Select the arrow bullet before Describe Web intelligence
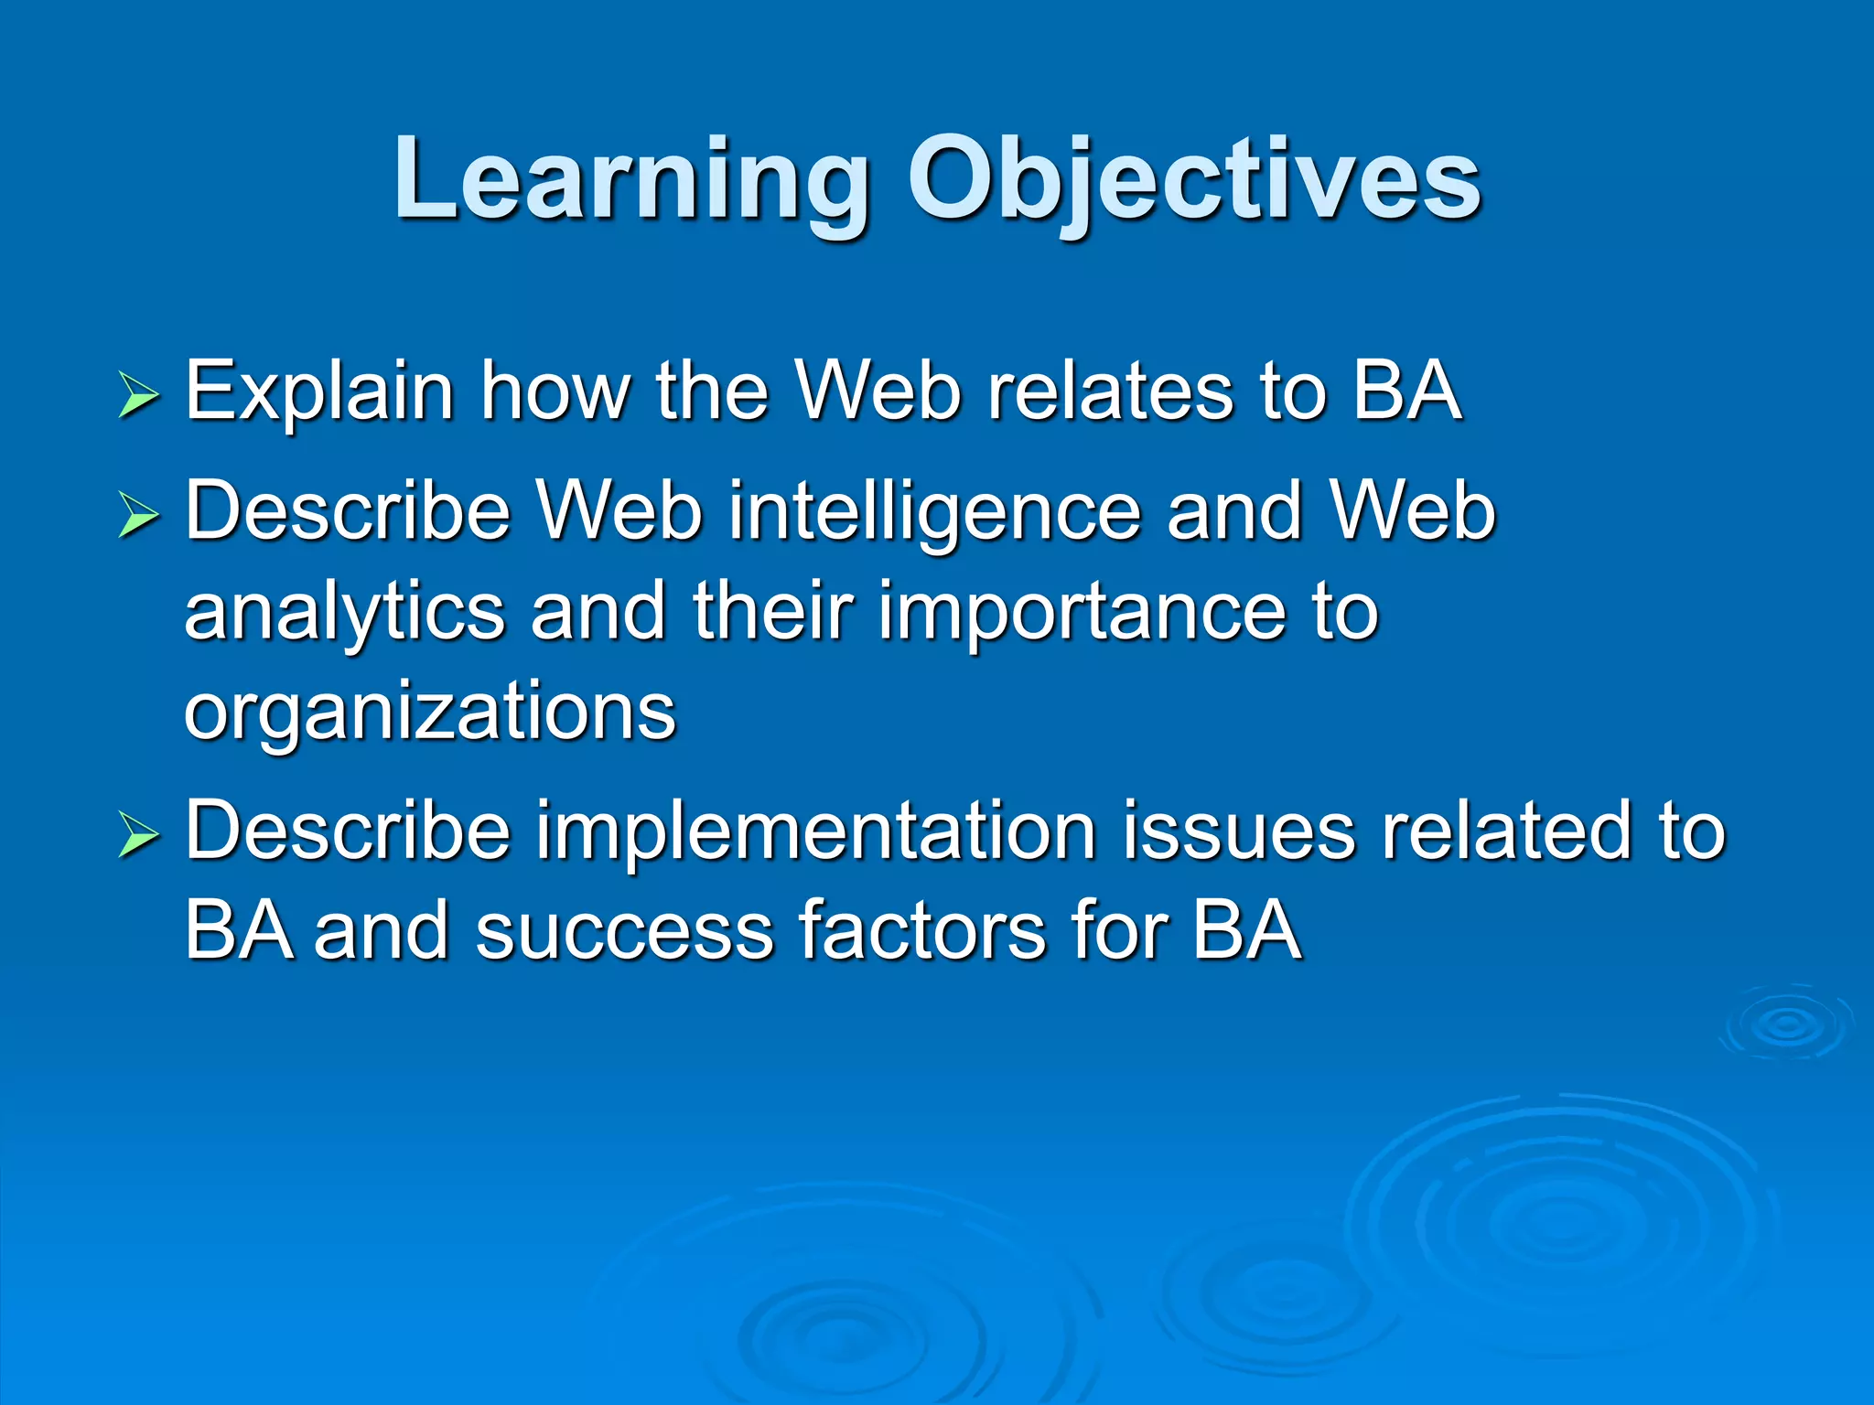[x=139, y=517]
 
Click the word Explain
[x=319, y=393]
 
